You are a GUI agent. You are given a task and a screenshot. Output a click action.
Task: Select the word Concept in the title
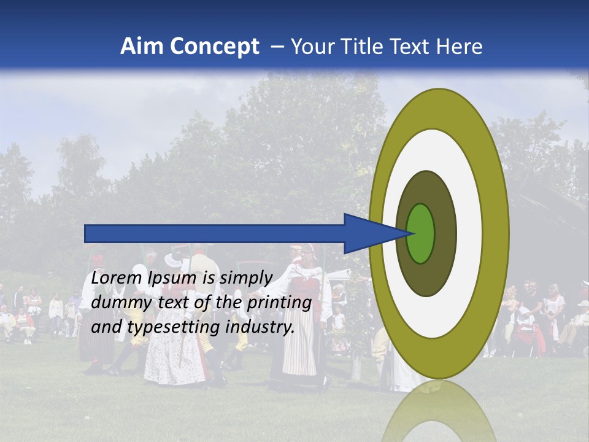tap(215, 47)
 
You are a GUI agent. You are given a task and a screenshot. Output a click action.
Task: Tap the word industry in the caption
tap(260, 327)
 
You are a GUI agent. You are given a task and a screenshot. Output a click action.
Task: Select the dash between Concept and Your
tap(276, 47)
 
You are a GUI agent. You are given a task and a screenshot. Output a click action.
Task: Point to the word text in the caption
tap(175, 303)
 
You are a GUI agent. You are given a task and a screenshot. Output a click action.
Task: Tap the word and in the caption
tap(106, 327)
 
